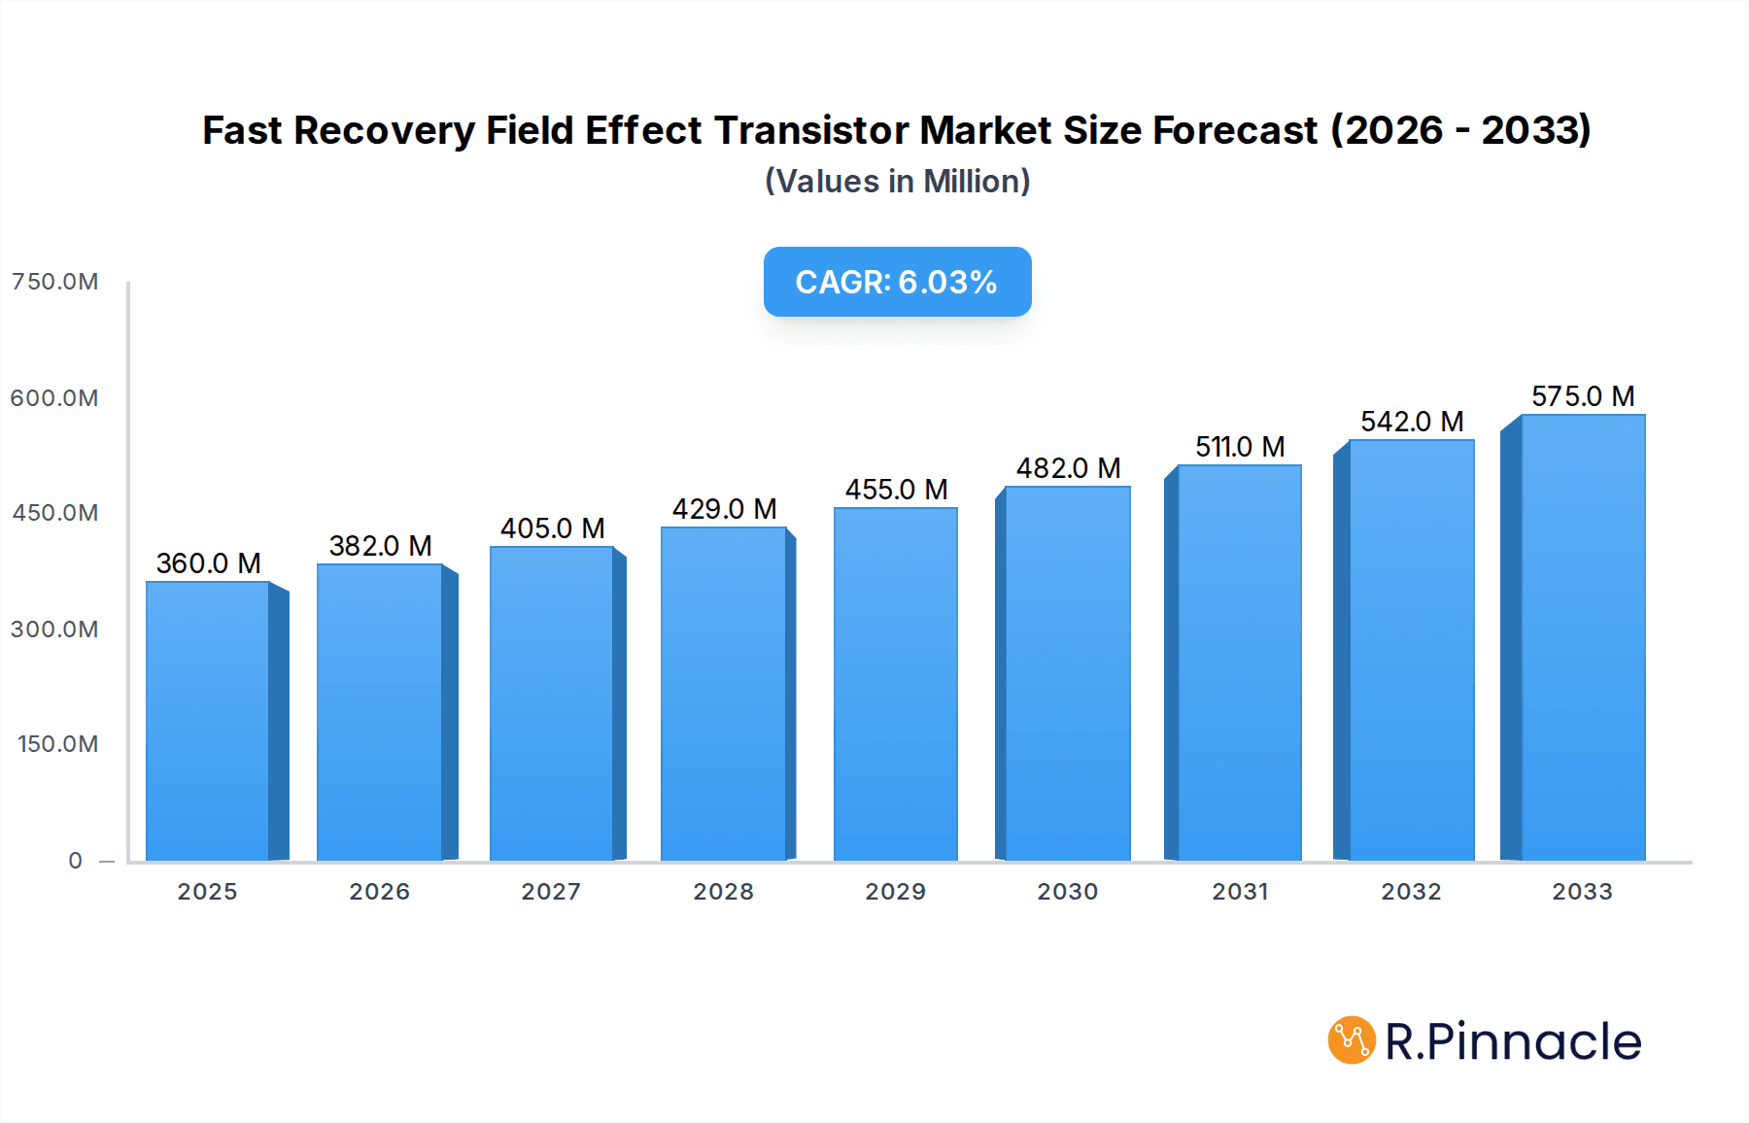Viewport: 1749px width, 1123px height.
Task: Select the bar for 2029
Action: point(895,684)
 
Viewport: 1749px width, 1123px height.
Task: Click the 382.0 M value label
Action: point(380,546)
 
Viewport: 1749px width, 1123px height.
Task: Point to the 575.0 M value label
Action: point(1583,396)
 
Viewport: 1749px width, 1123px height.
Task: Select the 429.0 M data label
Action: point(724,509)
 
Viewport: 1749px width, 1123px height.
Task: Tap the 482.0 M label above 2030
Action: point(1068,468)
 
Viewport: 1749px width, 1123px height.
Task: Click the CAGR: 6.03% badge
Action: point(897,282)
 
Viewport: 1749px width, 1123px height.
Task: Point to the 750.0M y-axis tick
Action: point(54,282)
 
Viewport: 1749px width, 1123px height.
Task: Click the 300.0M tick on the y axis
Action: point(54,630)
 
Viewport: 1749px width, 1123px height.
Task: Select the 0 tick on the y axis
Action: point(75,861)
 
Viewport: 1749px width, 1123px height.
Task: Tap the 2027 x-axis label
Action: point(551,892)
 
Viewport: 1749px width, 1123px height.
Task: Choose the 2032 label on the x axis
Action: point(1411,892)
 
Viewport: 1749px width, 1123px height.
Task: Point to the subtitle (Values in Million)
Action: point(897,182)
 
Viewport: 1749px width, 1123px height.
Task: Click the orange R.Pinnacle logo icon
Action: point(1352,1040)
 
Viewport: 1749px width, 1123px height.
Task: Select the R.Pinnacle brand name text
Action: point(1513,1041)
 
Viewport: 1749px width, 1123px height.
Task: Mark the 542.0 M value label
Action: point(1411,422)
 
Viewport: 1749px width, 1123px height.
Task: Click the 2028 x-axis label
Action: point(723,892)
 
